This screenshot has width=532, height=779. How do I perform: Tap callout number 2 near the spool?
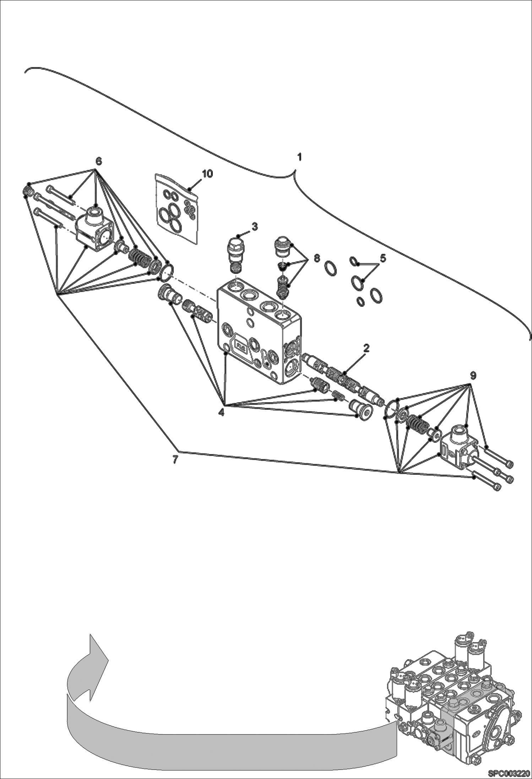click(x=366, y=348)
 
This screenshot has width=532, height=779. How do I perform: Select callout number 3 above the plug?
click(x=255, y=226)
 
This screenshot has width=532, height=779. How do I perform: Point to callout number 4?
click(x=221, y=413)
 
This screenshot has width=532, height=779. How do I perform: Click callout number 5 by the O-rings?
click(x=382, y=258)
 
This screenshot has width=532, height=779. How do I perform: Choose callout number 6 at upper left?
click(x=98, y=162)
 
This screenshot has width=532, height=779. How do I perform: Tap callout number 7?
click(x=175, y=459)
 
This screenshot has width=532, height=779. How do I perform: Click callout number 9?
click(x=473, y=375)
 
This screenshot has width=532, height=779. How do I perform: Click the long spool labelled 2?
click(x=343, y=377)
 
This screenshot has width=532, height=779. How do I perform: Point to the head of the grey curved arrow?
click(x=97, y=647)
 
